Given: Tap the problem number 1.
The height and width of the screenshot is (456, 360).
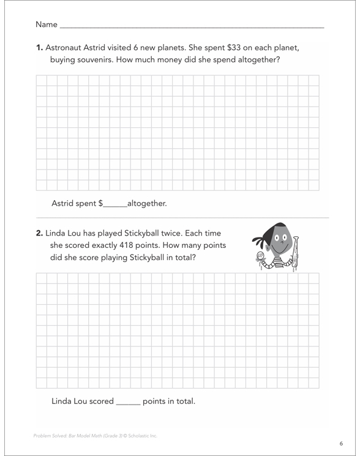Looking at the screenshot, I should point(39,48).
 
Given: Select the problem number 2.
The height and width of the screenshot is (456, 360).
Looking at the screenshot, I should point(39,233).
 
